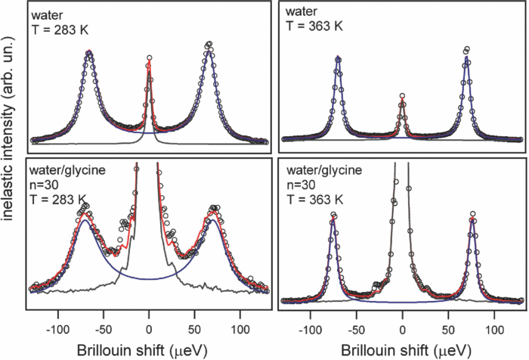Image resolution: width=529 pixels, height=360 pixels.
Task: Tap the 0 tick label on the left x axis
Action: (x=149, y=330)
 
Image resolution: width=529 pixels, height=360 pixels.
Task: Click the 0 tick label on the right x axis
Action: (x=402, y=330)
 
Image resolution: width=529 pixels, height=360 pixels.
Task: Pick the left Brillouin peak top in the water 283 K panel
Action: (x=89, y=52)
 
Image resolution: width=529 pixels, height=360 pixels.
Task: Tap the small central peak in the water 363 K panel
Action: (x=402, y=97)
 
